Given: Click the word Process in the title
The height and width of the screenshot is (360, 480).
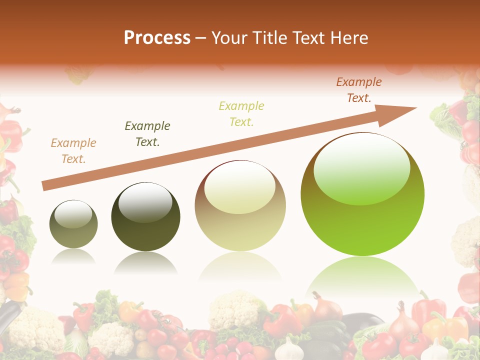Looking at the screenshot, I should pyautogui.click(x=157, y=38).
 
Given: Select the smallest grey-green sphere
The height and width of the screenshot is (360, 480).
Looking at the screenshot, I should pyautogui.click(x=73, y=224).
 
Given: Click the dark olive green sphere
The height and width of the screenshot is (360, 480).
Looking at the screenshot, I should pyautogui.click(x=145, y=217).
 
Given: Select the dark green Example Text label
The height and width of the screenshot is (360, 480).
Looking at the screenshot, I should pyautogui.click(x=147, y=134).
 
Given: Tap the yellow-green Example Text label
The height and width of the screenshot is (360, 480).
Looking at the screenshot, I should pyautogui.click(x=241, y=113).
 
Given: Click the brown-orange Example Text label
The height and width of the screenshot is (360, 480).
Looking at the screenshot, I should pyautogui.click(x=358, y=90).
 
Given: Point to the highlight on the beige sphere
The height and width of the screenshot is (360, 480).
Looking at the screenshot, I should pyautogui.click(x=239, y=186).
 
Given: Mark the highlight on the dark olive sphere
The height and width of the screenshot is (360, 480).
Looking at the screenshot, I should pyautogui.click(x=145, y=202).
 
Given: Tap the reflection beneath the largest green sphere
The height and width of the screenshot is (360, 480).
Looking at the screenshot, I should pyautogui.click(x=362, y=275).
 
